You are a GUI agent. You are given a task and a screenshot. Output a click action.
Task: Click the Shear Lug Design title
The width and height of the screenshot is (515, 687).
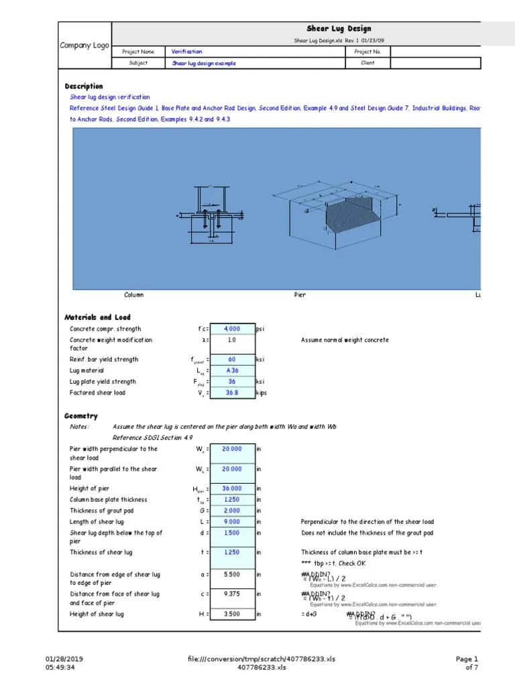pos(338,29)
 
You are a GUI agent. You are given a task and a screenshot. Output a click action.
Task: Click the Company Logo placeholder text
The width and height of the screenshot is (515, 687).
pos(84,45)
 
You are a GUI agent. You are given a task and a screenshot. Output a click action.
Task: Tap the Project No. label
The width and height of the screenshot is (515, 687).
pos(367,52)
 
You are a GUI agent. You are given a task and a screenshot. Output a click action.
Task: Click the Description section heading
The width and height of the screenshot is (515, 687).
pos(84,87)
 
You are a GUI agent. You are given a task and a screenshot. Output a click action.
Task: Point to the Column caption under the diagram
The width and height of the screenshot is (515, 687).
pos(133,295)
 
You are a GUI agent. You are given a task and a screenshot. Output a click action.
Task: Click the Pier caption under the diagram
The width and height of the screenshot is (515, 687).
pos(300,295)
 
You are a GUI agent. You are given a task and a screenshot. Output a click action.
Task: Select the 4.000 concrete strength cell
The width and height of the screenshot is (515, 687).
pos(232,329)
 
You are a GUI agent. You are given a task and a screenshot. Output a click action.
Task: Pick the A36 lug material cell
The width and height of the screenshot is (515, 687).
pos(232,370)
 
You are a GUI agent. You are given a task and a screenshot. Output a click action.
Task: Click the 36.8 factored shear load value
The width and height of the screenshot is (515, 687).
pos(232,393)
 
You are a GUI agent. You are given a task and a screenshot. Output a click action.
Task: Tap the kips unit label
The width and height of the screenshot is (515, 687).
pos(262,393)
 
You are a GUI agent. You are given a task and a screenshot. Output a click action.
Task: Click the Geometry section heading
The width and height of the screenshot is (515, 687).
pos(81,416)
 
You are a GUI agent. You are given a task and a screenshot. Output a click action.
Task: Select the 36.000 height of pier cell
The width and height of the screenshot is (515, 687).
pos(232,489)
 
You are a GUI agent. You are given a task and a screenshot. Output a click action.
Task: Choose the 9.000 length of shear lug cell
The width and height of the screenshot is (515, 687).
pos(232,522)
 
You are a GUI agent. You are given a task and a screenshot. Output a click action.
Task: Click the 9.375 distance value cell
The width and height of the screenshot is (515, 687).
pos(232,594)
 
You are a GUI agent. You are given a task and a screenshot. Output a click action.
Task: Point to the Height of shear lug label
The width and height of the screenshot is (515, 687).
pos(97,615)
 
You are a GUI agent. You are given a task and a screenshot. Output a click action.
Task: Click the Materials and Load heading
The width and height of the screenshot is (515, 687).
pos(97,317)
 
